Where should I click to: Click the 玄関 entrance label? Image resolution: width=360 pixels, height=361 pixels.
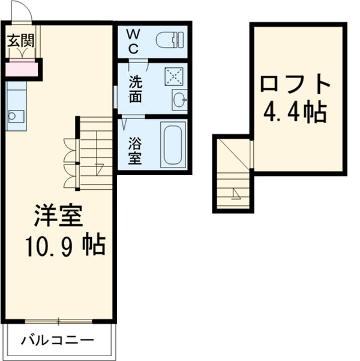click(21, 41)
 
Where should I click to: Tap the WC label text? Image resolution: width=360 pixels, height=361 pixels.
click(133, 39)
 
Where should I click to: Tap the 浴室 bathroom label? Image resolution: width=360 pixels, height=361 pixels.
click(134, 150)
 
